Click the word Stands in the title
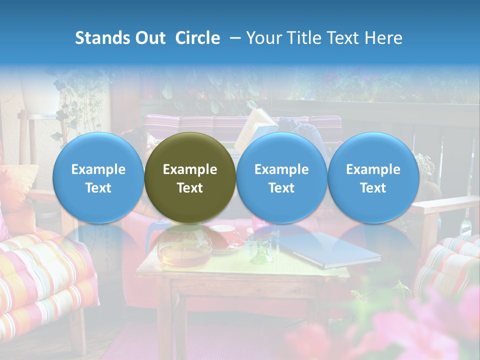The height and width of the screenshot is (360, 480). (98, 38)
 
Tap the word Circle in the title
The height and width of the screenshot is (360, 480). (197, 38)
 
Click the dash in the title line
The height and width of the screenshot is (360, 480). (234, 38)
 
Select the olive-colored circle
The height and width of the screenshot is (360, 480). (190, 177)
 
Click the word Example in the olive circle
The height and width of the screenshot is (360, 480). (190, 169)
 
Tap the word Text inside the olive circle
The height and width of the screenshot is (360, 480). (190, 188)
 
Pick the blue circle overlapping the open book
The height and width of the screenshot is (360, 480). (281, 177)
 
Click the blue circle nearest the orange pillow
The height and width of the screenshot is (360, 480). (98, 177)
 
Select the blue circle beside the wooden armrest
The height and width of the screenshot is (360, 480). (373, 177)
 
